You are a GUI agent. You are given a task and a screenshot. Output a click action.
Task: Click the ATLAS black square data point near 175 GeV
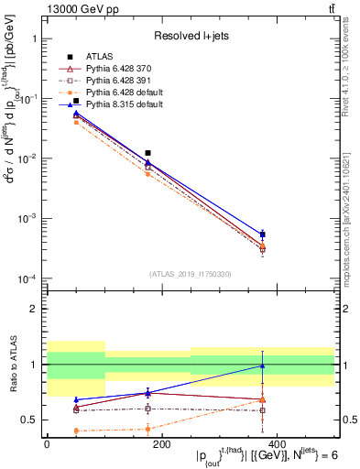[x=148, y=153]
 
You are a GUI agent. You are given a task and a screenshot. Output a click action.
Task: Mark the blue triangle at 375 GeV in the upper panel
[x=263, y=234]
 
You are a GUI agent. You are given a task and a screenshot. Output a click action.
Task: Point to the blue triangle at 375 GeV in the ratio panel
[x=263, y=366]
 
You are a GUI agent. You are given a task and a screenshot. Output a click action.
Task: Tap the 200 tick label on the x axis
[x=160, y=444]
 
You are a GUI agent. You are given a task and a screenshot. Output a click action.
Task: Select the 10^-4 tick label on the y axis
[x=26, y=278]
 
